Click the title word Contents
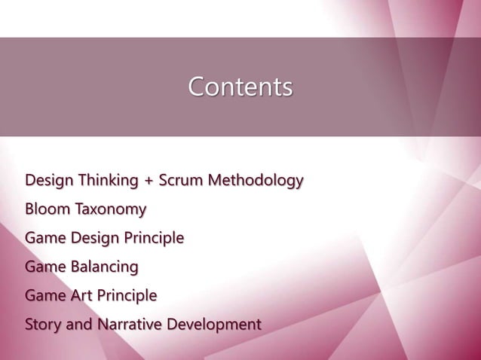click(240, 87)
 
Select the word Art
click(80, 296)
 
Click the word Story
click(43, 325)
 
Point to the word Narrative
click(127, 325)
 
